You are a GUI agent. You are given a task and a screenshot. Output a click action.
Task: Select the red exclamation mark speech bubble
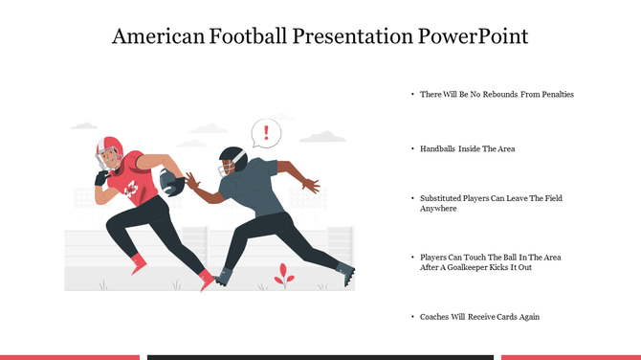(267, 132)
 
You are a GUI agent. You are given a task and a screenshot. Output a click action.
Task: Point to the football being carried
(172, 181)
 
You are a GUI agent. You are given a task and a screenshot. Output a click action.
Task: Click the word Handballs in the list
(438, 149)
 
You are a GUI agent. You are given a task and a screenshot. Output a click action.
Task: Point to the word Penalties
(555, 95)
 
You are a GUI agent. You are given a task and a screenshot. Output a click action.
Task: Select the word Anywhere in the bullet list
(438, 209)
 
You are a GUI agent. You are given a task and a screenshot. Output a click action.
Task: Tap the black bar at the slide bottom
(320, 357)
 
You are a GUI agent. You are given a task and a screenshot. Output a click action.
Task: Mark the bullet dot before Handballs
(412, 149)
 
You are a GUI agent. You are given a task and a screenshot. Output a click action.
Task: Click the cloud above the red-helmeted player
(85, 125)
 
